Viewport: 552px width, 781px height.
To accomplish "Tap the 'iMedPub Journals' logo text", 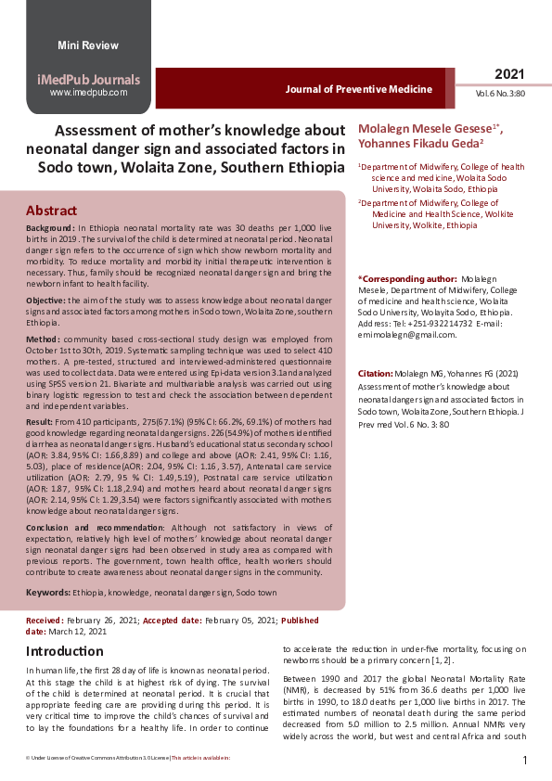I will [x=88, y=79].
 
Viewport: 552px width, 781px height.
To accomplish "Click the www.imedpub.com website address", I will [x=88, y=93].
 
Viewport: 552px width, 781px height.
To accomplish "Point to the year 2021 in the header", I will [x=509, y=73].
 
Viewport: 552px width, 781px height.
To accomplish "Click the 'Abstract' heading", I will [x=51, y=211].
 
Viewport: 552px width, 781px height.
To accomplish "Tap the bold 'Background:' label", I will [x=50, y=227].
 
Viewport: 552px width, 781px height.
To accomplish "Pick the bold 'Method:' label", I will [x=43, y=342].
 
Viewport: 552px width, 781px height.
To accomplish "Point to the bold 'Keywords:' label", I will [x=48, y=591].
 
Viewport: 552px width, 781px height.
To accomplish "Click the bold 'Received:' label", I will [x=45, y=619].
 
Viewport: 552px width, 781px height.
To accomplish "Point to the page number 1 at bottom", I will [x=525, y=761].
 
